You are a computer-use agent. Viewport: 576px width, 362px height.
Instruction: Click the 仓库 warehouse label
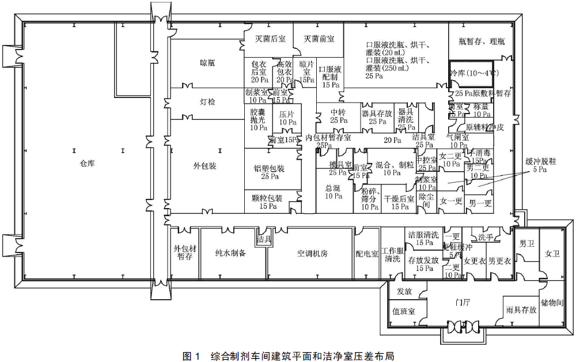[88, 164]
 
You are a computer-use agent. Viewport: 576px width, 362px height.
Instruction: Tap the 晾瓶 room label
[207, 63]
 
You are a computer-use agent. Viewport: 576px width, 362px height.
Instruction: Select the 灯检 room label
[207, 102]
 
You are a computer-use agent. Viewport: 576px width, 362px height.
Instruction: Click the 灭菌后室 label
[270, 39]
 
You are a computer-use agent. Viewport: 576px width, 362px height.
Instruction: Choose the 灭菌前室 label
[319, 39]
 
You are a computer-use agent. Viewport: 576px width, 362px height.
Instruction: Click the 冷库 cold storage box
[471, 73]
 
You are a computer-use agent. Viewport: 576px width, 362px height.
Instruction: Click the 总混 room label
[333, 188]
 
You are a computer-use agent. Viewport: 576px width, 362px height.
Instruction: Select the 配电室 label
[367, 254]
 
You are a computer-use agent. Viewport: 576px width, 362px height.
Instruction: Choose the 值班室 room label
[404, 311]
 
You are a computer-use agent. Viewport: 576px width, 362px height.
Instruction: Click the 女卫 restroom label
[552, 254]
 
